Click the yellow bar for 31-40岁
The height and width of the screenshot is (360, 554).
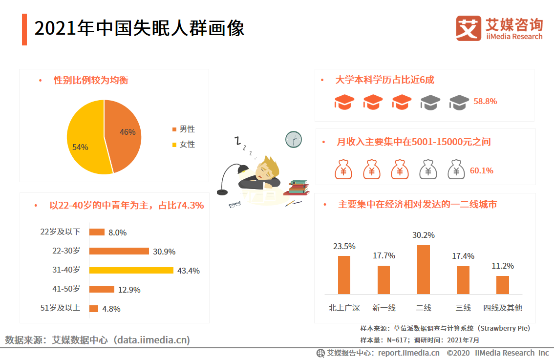(x=131, y=270)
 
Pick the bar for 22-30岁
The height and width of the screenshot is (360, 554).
(x=119, y=251)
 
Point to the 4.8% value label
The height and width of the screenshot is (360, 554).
(x=111, y=309)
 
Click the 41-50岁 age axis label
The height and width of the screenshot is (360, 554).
(x=66, y=289)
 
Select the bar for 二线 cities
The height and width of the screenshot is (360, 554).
(x=424, y=270)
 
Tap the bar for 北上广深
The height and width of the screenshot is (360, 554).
(x=344, y=275)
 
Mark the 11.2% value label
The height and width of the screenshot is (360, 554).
(x=502, y=266)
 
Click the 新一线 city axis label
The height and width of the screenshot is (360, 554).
(x=384, y=308)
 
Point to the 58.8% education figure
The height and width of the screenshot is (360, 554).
(x=485, y=102)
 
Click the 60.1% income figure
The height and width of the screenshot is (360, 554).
(x=482, y=170)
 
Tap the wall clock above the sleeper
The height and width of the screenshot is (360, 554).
(x=294, y=140)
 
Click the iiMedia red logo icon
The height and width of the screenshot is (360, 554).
(x=469, y=28)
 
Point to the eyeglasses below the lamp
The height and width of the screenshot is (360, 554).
(x=235, y=205)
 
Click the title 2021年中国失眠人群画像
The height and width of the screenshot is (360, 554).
(x=139, y=29)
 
